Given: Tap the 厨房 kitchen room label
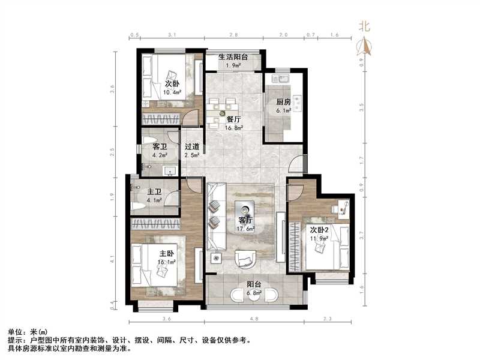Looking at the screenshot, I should click(284, 102).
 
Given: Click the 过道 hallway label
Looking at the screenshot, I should click(192, 146).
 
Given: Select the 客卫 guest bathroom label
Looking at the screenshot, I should click(160, 146).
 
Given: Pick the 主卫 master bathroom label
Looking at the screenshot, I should click(155, 193).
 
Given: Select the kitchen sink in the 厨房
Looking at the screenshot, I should click(280, 79).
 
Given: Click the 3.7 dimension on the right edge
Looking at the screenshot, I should click(361, 235).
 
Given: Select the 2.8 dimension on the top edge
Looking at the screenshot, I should click(233, 35).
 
